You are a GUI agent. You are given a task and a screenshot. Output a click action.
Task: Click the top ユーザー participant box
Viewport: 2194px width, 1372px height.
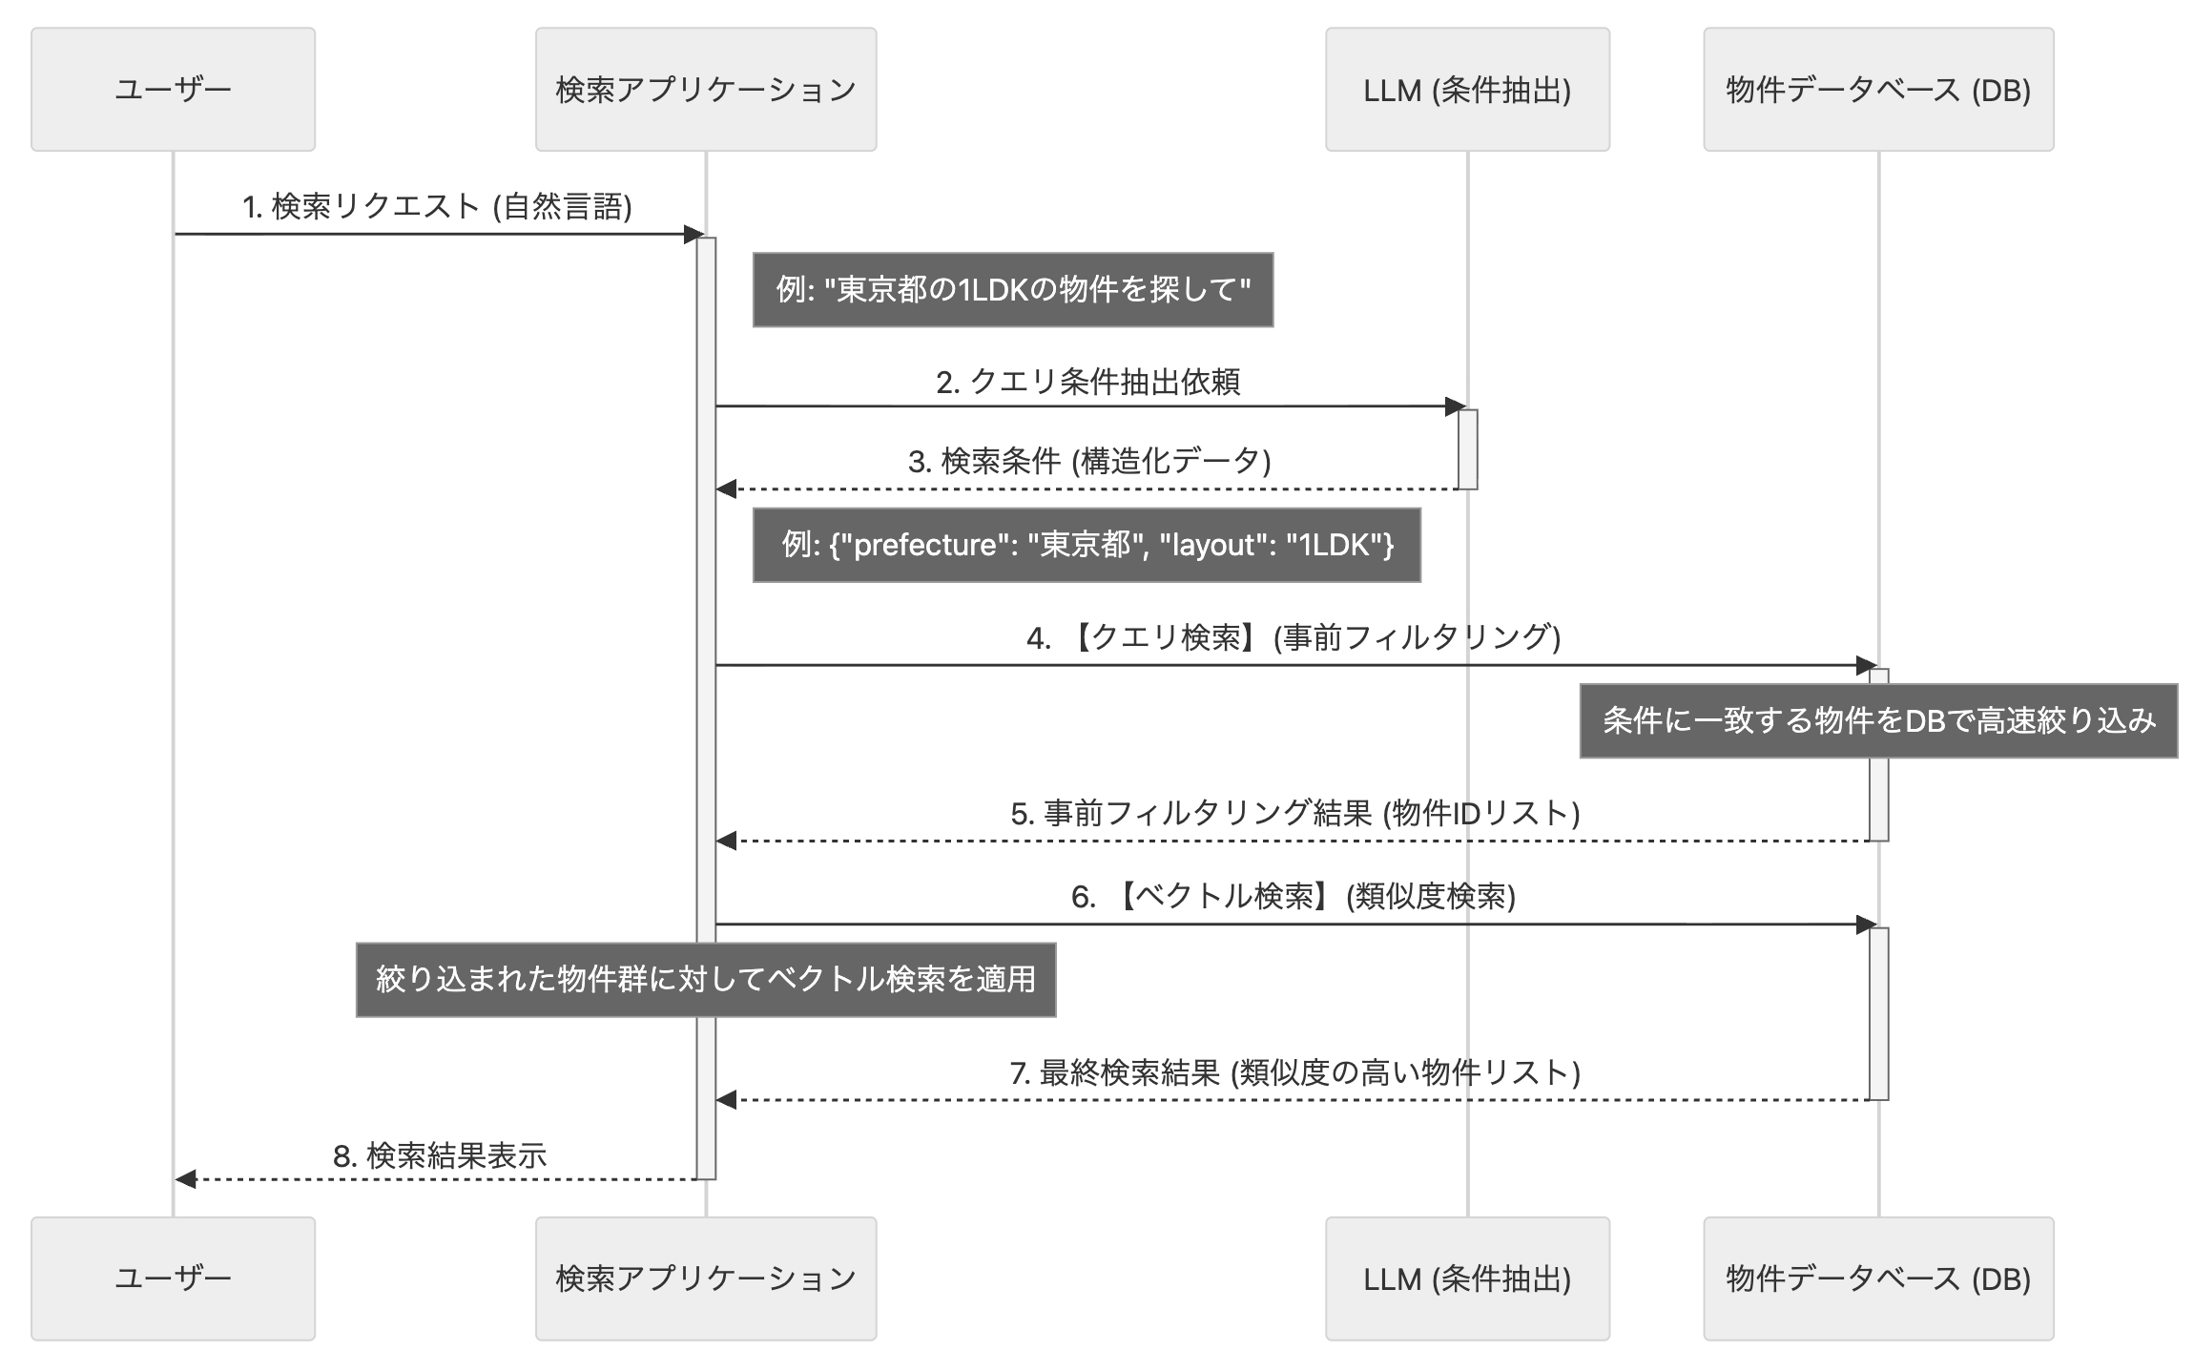[x=173, y=89]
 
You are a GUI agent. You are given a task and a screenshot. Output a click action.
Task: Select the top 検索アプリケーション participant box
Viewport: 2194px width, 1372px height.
[x=705, y=89]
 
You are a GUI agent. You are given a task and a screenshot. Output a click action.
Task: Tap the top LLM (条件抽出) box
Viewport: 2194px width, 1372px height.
[x=1467, y=89]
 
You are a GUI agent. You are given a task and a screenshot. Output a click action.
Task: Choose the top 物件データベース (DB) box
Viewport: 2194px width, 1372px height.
[x=1877, y=89]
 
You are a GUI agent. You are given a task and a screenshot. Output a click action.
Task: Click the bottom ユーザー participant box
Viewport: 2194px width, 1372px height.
[x=173, y=1278]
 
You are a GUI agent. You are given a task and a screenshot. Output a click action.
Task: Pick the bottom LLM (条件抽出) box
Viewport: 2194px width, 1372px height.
[x=1467, y=1278]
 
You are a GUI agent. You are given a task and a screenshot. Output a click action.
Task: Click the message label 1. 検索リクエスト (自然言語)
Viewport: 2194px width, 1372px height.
[x=437, y=206]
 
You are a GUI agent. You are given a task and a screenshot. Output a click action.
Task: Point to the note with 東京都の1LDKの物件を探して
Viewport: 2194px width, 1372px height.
[x=1012, y=289]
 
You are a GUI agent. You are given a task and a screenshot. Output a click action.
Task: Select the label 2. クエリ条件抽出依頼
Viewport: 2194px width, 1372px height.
[x=1087, y=382]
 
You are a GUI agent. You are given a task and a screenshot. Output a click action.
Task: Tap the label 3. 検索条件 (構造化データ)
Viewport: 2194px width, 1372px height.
[x=1089, y=462]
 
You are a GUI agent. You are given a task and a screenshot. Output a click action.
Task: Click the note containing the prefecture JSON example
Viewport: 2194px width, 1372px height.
[x=1087, y=545]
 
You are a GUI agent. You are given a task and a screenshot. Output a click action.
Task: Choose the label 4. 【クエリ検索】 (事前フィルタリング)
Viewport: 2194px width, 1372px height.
[x=1293, y=637]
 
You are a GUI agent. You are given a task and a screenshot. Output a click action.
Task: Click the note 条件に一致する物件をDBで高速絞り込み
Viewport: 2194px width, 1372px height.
[x=1877, y=720]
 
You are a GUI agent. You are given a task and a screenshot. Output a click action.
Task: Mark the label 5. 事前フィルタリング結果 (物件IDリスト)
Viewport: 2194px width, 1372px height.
[x=1294, y=813]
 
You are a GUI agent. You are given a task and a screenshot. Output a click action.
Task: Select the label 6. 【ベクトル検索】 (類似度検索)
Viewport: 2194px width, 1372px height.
[x=1293, y=897]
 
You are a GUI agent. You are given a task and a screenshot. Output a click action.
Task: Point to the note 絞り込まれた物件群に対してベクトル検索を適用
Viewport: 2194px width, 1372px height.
[x=705, y=980]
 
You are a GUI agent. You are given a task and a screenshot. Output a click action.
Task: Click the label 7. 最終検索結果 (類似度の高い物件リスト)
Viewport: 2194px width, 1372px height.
[x=1294, y=1073]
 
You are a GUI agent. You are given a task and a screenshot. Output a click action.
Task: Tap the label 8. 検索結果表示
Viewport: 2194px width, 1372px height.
[x=439, y=1156]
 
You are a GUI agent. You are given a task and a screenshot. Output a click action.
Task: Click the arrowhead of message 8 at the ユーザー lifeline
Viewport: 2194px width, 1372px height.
[x=185, y=1179]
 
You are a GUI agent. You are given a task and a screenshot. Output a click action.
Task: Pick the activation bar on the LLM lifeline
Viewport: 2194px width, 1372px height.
[x=1467, y=449]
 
